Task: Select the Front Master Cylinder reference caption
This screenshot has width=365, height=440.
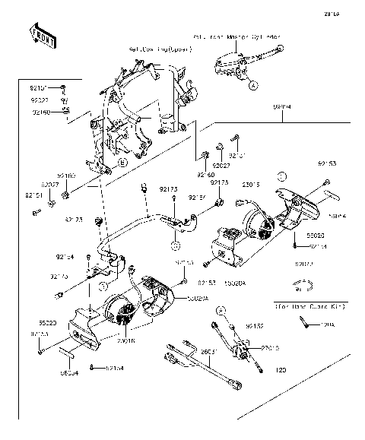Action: (x=238, y=36)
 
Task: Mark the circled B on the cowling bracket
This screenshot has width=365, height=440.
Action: (x=122, y=162)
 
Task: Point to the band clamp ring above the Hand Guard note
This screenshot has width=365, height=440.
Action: (x=303, y=286)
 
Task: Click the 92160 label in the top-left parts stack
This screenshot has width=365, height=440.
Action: (x=41, y=111)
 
